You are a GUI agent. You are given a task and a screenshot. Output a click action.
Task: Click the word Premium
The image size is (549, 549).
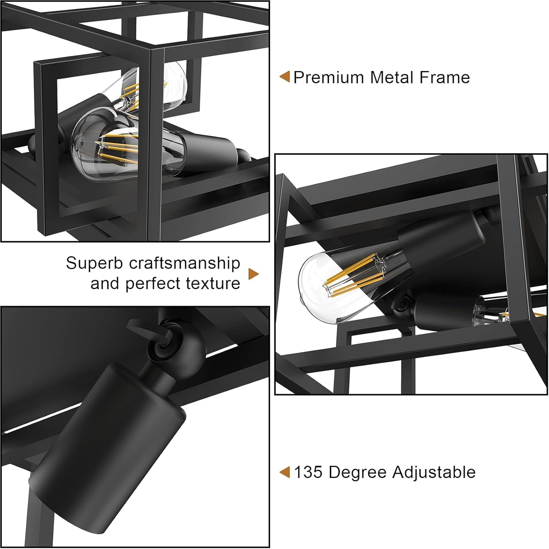[x=329, y=78]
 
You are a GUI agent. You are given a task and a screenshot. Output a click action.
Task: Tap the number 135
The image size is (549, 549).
[x=308, y=473]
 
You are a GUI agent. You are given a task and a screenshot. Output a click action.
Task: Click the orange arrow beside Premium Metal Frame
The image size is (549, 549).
[x=285, y=77]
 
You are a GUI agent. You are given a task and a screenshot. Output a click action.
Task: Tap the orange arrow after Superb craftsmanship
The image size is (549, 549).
[x=253, y=274]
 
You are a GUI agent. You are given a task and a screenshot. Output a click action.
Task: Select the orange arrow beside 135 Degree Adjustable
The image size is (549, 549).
[x=285, y=472]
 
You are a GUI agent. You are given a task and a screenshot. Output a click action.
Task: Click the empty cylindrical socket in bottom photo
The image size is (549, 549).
[x=108, y=453]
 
